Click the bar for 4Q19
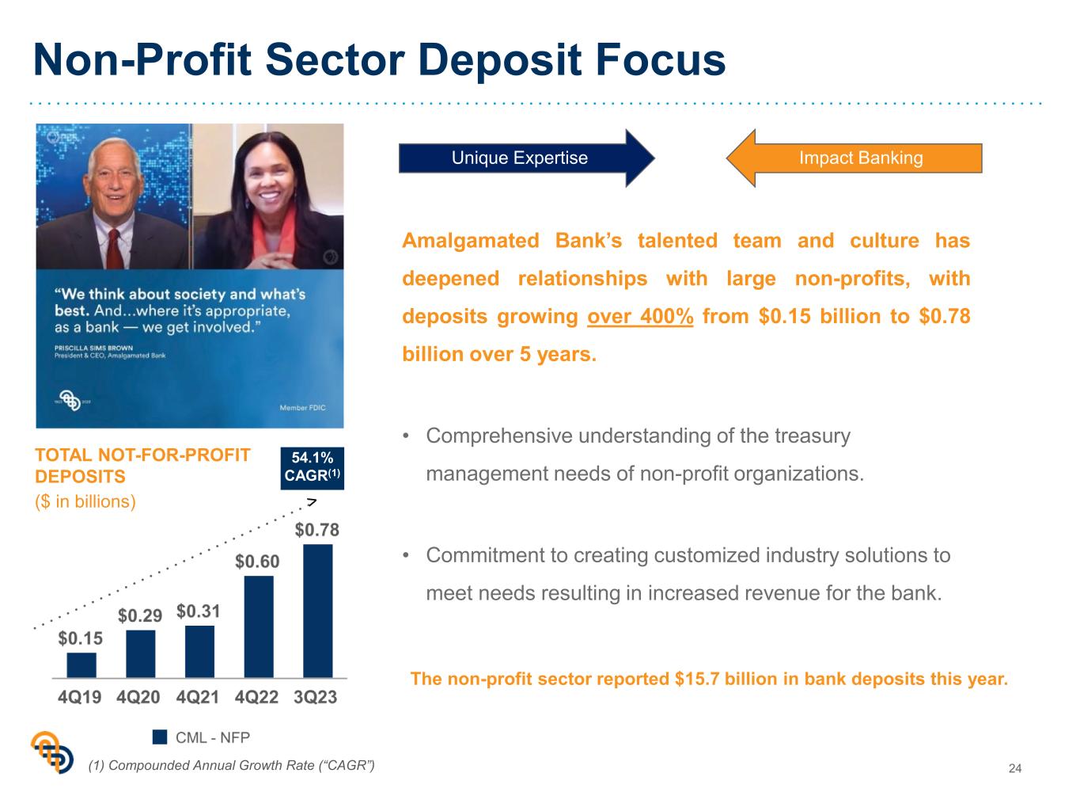coord(81,664)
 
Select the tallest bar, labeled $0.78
coord(318,611)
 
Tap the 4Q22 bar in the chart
coord(259,626)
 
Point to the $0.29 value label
coord(140,615)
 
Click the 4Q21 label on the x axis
coord(197,697)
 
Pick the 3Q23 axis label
coord(316,697)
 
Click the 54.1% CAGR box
coord(313,468)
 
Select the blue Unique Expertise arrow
coord(526,158)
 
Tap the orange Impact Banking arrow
coord(855,158)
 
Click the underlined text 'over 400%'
coord(640,316)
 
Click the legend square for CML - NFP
coord(159,737)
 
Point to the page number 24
coord(1014,768)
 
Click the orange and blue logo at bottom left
coord(52,752)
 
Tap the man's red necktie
coord(114,249)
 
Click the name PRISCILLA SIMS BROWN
coord(93,348)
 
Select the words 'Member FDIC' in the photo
coord(302,408)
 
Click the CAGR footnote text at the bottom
coord(231,765)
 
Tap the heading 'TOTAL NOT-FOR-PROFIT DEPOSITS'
coord(142,466)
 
